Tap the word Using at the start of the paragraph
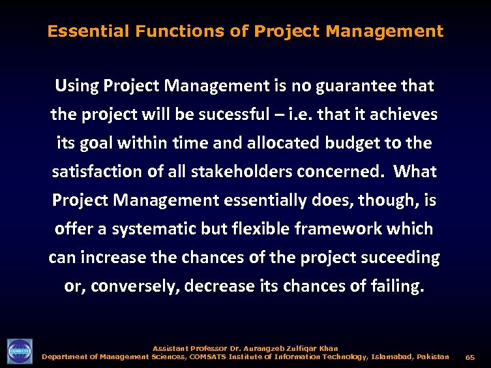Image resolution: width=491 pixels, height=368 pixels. pos(76,86)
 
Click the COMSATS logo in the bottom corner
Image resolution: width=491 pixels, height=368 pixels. pos(20,351)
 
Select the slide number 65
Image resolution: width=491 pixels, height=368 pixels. pos(470,357)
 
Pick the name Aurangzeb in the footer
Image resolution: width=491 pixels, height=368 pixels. pos(260,348)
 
